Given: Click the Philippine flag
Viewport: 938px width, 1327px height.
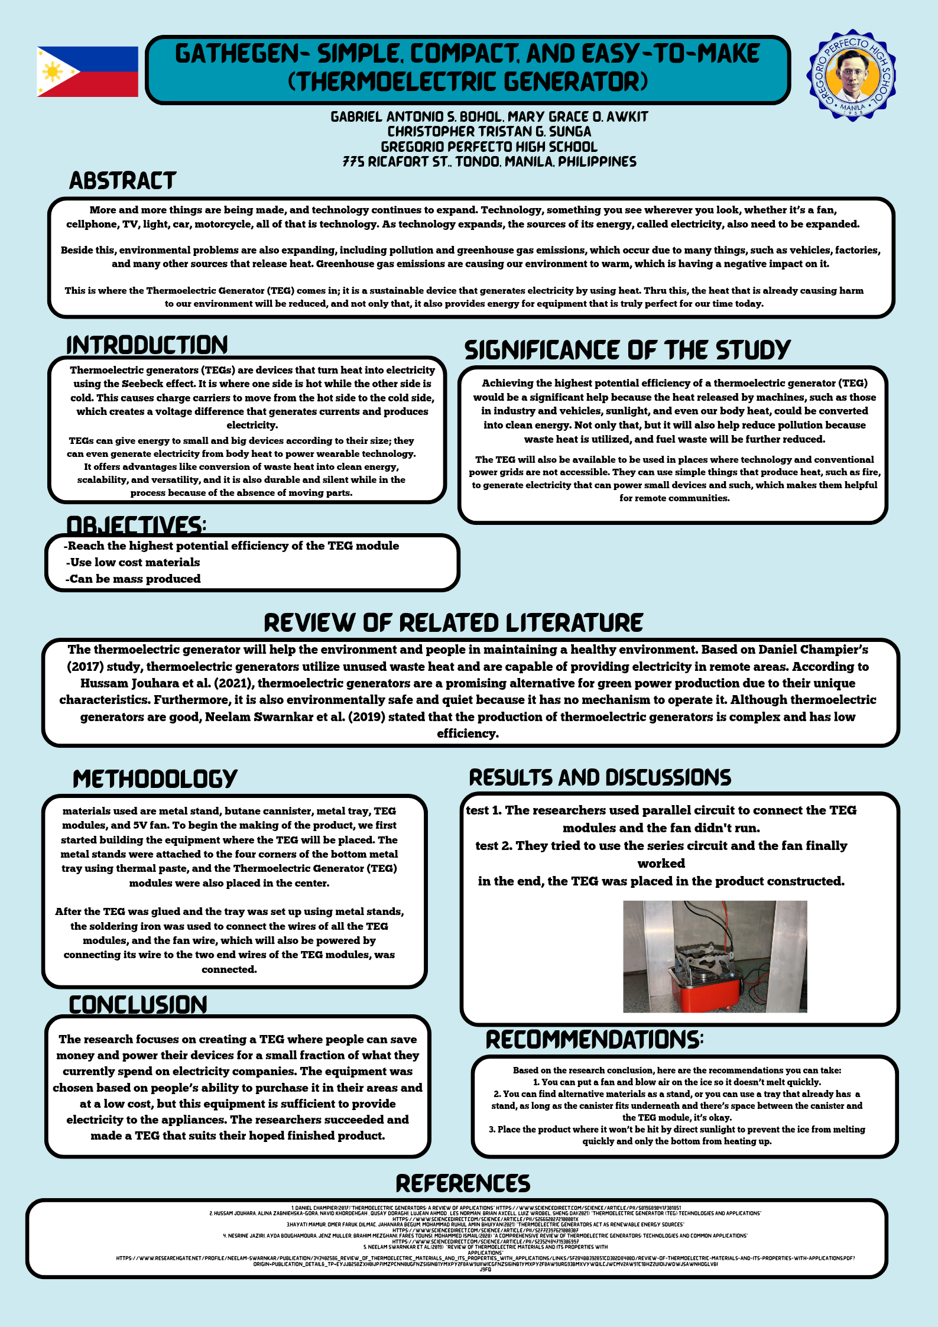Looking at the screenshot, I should pyautogui.click(x=87, y=72).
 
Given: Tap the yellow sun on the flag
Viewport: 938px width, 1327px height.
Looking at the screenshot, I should pyautogui.click(x=53, y=72).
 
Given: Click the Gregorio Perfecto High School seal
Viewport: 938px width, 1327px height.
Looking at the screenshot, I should pyautogui.click(x=852, y=75).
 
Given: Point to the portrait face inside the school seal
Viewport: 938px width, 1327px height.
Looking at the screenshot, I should pyautogui.click(x=851, y=73).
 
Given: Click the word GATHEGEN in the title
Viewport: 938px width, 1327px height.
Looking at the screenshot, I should pyautogui.click(x=237, y=54).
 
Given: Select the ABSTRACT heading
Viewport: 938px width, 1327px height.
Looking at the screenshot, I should pyautogui.click(x=122, y=180).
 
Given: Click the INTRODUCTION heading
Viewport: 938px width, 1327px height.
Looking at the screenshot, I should pyautogui.click(x=147, y=345).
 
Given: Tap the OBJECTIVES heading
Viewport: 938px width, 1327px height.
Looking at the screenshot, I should pyautogui.click(x=135, y=525).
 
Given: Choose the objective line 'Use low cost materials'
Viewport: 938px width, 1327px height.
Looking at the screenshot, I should pyautogui.click(x=133, y=562).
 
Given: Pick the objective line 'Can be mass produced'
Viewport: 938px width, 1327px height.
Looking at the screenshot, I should pyautogui.click(x=133, y=579).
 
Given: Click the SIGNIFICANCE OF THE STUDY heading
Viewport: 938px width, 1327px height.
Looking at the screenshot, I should pyautogui.click(x=627, y=350).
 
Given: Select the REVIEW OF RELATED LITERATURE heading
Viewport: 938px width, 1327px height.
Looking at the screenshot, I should pyautogui.click(x=453, y=623).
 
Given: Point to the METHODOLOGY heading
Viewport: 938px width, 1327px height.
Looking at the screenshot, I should pyautogui.click(x=155, y=778).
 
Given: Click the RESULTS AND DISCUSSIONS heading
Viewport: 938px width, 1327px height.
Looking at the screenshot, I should pyautogui.click(x=600, y=777).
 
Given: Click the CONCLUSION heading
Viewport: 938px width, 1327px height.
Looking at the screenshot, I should pyautogui.click(x=138, y=1005).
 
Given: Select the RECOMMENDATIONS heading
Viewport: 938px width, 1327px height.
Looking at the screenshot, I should pyautogui.click(x=594, y=1040).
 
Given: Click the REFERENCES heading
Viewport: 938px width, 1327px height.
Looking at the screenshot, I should pyautogui.click(x=463, y=1183).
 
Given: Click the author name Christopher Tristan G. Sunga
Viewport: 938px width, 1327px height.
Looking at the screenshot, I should pyautogui.click(x=489, y=132).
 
